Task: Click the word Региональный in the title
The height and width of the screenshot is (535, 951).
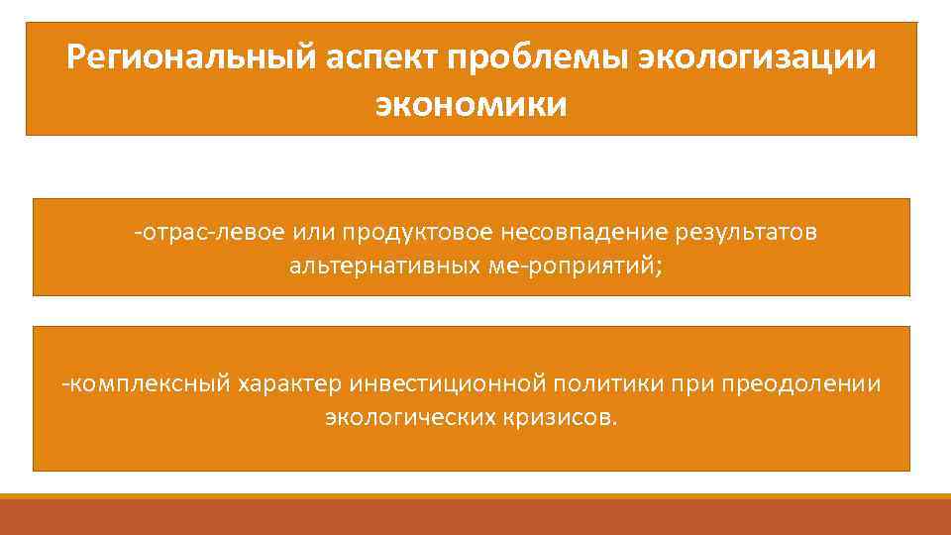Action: (190, 56)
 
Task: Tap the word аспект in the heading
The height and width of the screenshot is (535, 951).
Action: (383, 56)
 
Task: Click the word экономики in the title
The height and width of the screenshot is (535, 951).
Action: (472, 103)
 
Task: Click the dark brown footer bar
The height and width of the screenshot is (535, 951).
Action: (475, 517)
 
